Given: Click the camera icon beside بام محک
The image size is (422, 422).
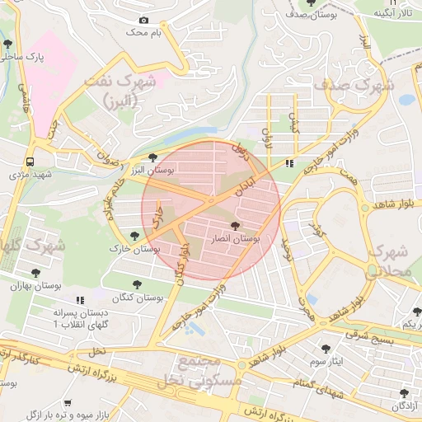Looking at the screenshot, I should click(144, 20).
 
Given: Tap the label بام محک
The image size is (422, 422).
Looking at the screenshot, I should click(141, 32).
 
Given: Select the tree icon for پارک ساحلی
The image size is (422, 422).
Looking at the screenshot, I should click(7, 44).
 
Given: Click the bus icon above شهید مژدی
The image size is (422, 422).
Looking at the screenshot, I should click(30, 162).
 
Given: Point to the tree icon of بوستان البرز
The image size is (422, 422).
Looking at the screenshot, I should click(152, 157).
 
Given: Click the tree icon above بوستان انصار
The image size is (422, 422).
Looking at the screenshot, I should click(235, 225).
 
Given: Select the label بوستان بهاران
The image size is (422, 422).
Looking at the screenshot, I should click(36, 285).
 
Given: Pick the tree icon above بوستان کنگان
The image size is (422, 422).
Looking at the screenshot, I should click(137, 284).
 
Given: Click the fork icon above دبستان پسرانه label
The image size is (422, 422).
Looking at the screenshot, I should click(80, 302).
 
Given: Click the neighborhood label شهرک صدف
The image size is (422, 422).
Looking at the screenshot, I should click(360, 84).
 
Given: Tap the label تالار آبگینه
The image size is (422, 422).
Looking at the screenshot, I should click(394, 14).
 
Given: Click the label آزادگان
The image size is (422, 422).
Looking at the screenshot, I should click(405, 406).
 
